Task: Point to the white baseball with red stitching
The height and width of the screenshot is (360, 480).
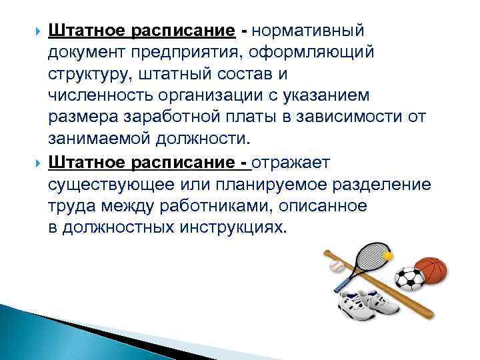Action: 336,267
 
